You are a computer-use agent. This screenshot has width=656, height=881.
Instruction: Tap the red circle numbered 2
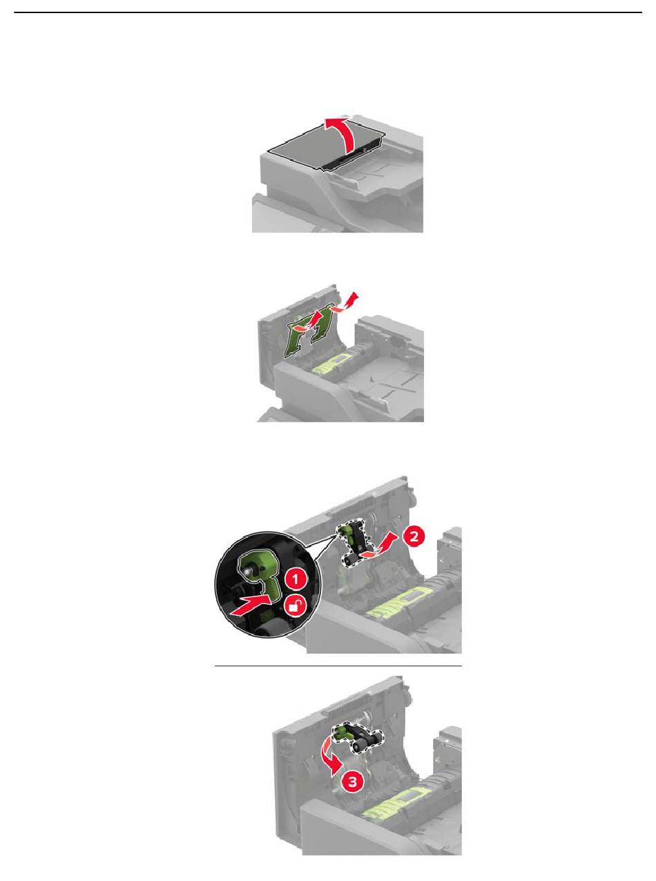pyautogui.click(x=414, y=536)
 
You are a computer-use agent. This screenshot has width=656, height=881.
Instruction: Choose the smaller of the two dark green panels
pyautogui.click(x=322, y=324)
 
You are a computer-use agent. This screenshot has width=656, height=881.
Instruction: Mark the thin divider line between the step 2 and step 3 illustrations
pyautogui.click(x=338, y=666)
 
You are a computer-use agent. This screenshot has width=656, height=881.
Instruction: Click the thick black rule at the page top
pyautogui.click(x=328, y=12)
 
